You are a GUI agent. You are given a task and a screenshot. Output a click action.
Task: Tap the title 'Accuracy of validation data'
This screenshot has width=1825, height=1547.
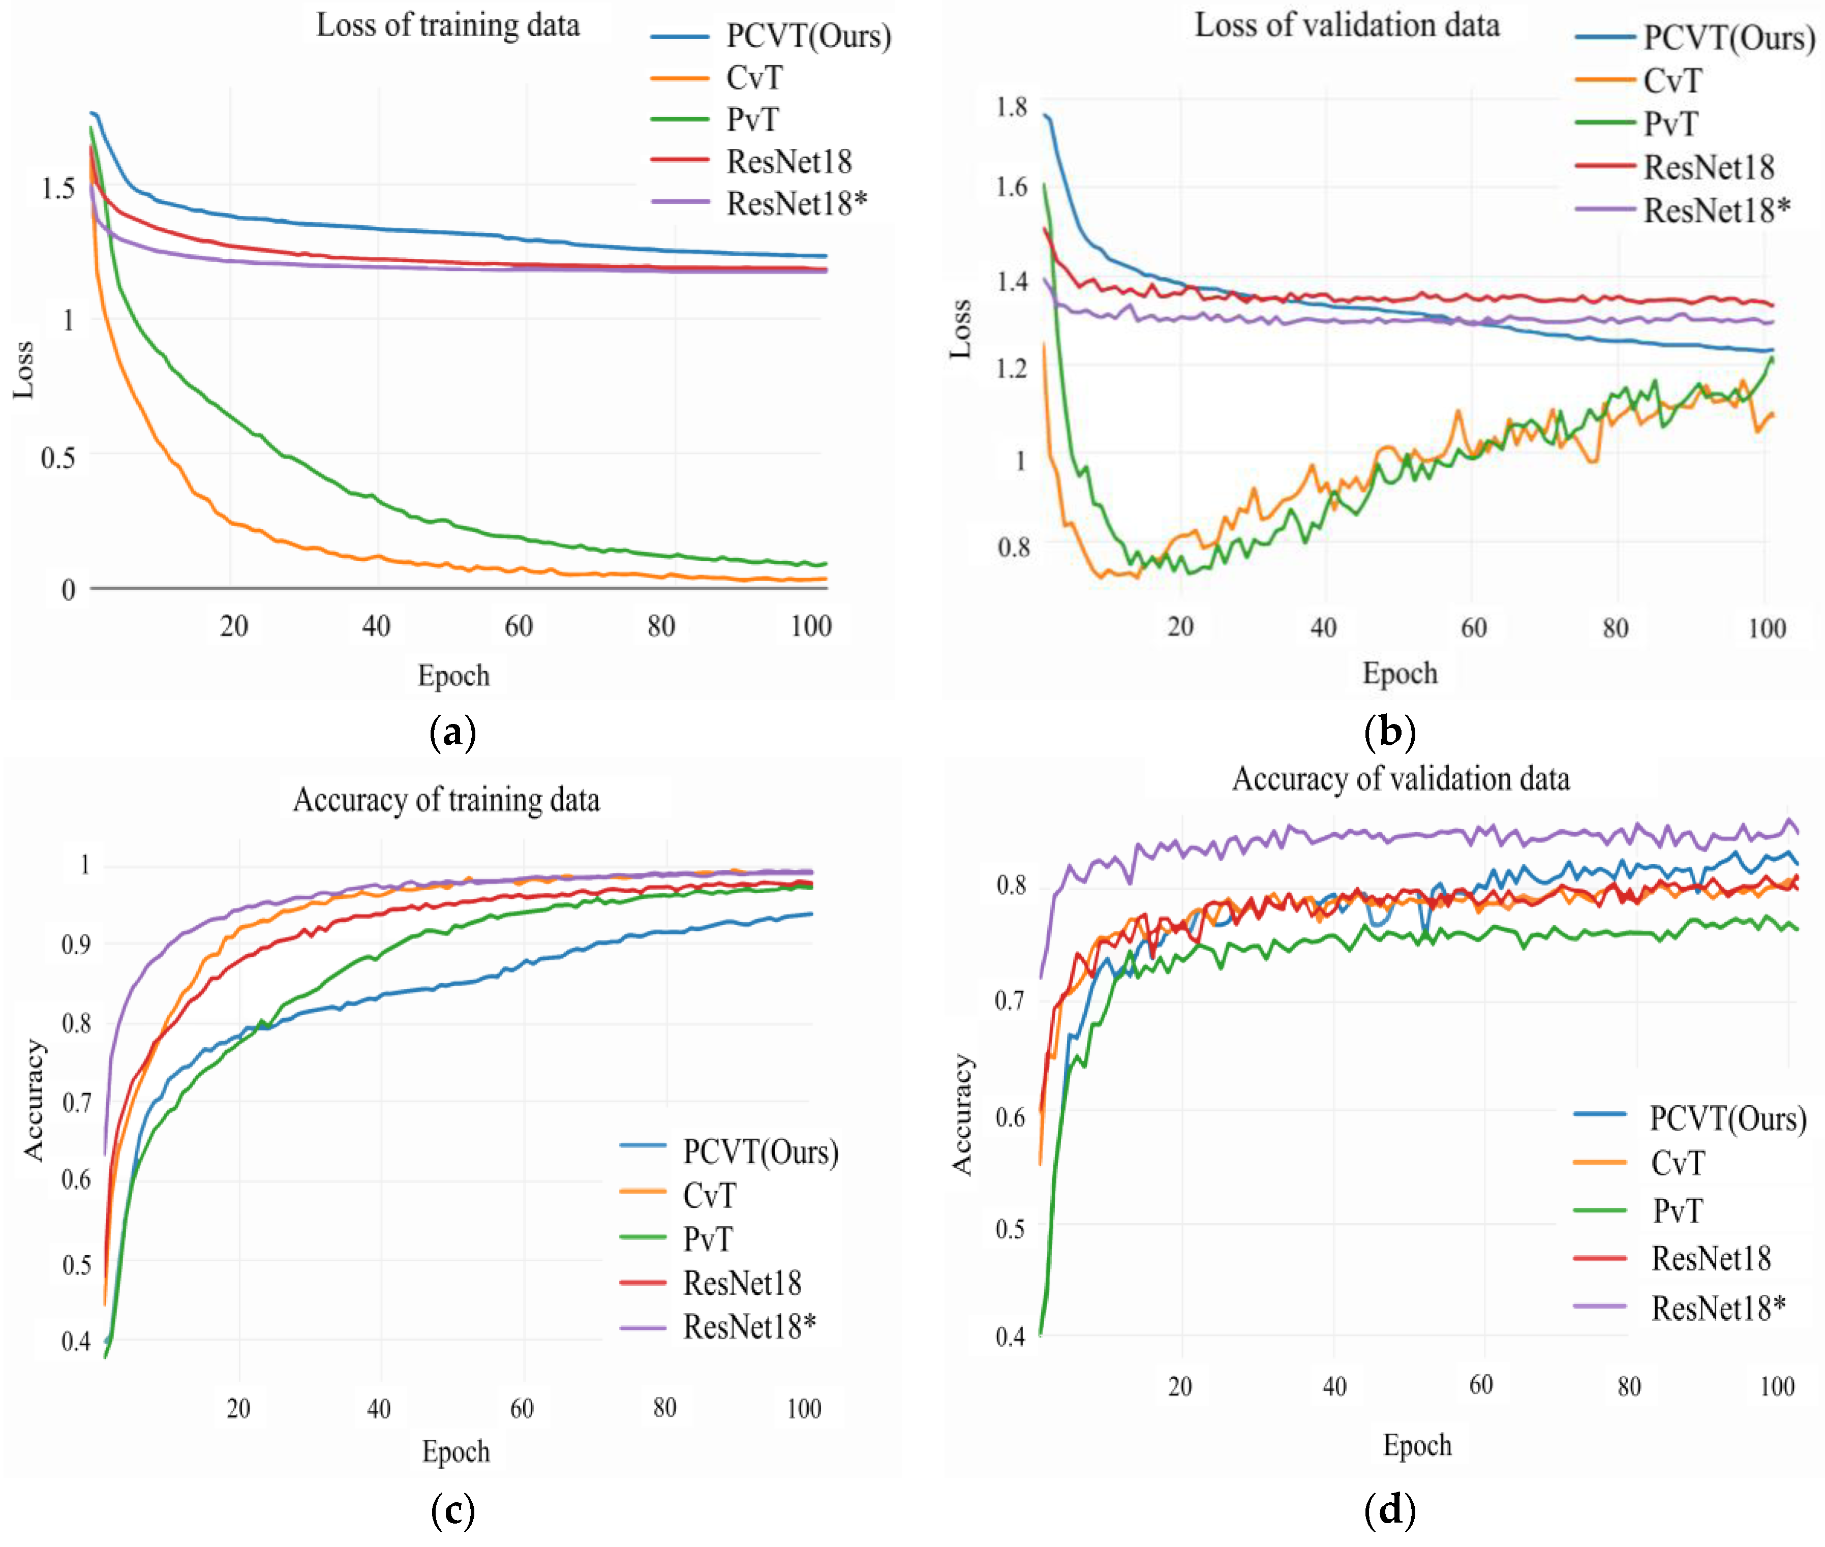(1401, 779)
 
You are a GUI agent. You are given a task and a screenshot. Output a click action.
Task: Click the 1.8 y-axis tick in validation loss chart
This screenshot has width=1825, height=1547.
(1011, 107)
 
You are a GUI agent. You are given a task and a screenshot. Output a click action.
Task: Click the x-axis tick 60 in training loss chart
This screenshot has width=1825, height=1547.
(519, 626)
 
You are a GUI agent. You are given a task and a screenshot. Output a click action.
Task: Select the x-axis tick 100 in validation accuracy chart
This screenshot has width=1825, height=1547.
(1777, 1386)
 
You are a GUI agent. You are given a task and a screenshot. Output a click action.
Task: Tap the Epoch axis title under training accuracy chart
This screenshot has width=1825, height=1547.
(455, 1451)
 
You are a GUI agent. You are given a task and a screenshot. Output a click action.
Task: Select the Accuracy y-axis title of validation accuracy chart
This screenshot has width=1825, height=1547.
(963, 1115)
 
